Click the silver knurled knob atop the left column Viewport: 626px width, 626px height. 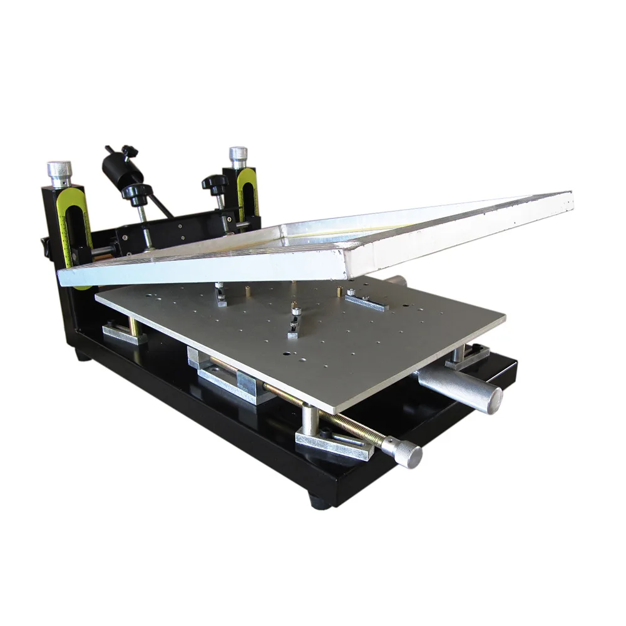[x=59, y=170]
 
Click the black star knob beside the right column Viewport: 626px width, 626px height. [x=214, y=183]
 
